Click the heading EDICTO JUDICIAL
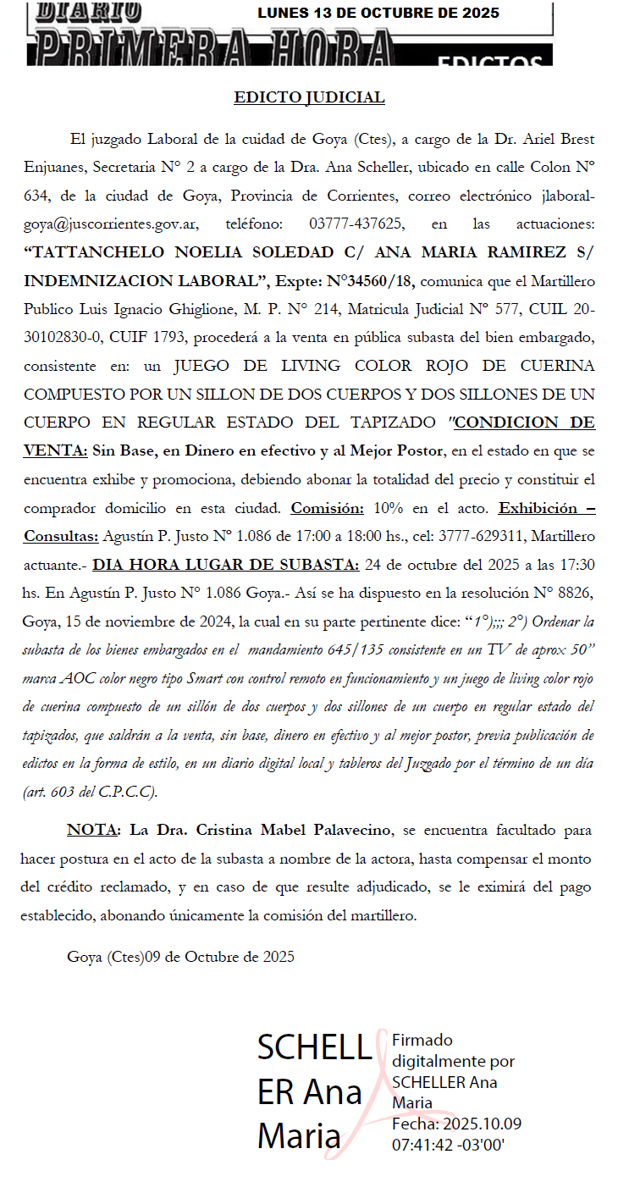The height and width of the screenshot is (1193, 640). coord(309,97)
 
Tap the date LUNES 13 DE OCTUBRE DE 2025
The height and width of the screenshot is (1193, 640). coord(378,13)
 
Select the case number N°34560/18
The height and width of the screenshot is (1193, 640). coord(372,281)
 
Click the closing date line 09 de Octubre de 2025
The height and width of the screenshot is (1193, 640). coord(220,957)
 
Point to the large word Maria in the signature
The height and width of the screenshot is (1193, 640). coord(299,1136)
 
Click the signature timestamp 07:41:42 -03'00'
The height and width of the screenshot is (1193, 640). coord(449,1144)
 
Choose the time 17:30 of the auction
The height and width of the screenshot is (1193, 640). coord(578,565)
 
